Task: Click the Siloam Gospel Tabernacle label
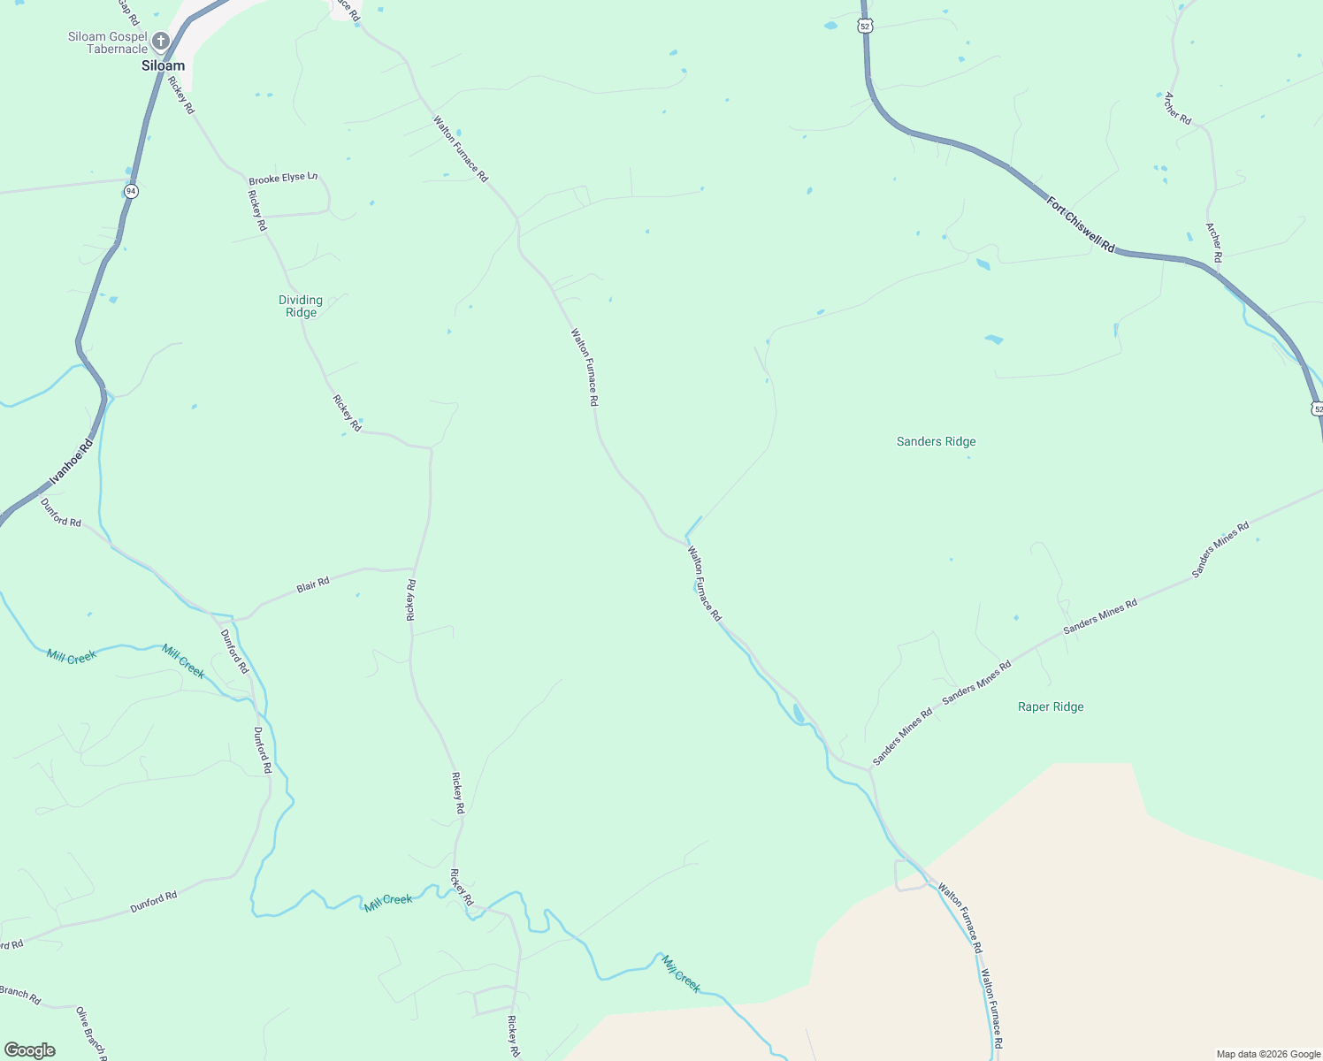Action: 107,42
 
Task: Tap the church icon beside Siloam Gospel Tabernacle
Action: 160,41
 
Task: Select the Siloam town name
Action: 164,65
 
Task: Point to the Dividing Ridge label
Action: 301,306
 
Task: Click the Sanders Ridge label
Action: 936,441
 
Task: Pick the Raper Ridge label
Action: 1051,706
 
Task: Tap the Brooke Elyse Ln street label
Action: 282,178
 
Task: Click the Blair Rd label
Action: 313,584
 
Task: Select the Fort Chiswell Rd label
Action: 1081,225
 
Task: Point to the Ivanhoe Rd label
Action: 71,462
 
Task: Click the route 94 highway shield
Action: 131,191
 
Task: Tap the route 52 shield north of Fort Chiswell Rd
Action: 865,27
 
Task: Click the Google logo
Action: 29,1050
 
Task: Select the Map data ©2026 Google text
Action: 1267,1054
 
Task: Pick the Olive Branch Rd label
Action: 91,1033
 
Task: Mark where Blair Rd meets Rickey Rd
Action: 415,569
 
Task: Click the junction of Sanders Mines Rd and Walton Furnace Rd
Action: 870,770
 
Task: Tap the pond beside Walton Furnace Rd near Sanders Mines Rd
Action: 799,714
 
